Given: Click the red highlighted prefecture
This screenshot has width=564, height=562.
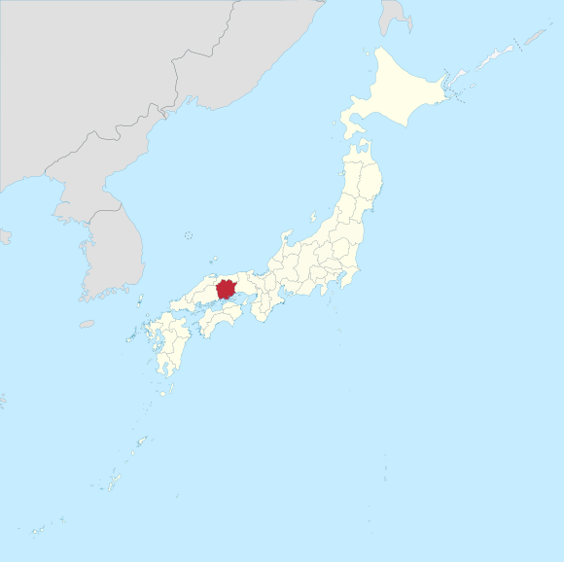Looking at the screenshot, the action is (x=226, y=289).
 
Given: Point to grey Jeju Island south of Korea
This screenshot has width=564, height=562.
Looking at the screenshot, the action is (x=87, y=324).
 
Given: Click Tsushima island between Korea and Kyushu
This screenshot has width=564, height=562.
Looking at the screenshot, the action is (x=140, y=300).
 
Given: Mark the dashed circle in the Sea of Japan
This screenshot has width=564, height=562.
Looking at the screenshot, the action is (x=188, y=234).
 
